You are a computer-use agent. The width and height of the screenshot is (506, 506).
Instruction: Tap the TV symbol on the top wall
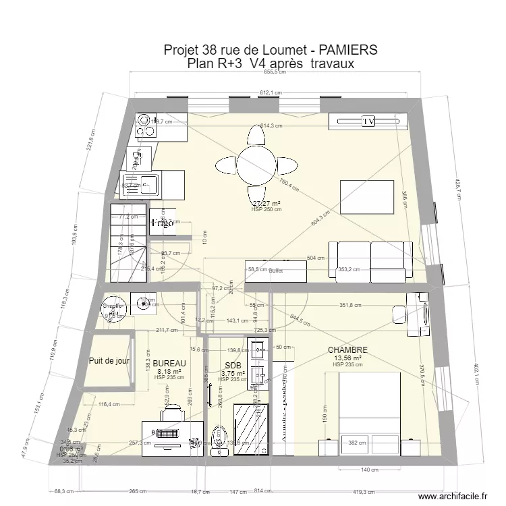[x=368, y=121]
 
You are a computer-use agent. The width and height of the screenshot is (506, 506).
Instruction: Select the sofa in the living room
[x=370, y=260]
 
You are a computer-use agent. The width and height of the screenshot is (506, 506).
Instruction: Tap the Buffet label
[x=275, y=271]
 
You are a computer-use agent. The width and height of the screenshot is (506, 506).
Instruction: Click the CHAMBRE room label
[x=347, y=350]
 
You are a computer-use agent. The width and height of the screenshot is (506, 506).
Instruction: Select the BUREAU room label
[x=169, y=363]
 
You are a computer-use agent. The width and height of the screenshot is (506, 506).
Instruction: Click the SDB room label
[x=232, y=366]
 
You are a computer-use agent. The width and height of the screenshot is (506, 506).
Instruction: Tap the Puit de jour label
[x=109, y=361]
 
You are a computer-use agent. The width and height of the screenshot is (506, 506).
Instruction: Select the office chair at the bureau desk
[x=172, y=411]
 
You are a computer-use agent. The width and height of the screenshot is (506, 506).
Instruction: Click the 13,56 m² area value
[x=347, y=358]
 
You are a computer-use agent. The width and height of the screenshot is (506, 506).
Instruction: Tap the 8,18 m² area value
[x=169, y=371]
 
